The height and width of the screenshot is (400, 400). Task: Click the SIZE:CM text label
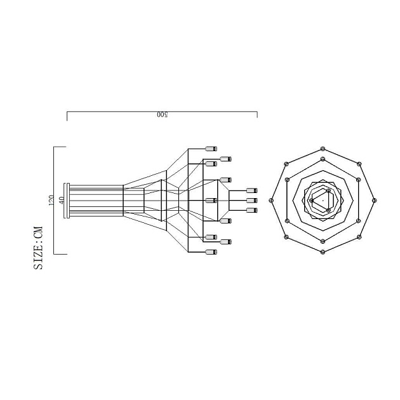(x=39, y=248)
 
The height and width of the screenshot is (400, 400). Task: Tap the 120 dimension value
(x=51, y=200)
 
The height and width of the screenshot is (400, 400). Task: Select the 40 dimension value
(x=62, y=200)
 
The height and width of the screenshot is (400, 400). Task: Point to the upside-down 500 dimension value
(x=162, y=115)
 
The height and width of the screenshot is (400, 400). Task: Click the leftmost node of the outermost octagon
(x=271, y=200)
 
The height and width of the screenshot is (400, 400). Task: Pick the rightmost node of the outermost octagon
(x=374, y=200)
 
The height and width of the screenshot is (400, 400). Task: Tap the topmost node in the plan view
(x=323, y=149)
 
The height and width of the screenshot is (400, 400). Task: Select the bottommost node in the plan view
(x=323, y=252)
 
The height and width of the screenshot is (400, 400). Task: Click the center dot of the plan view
(x=323, y=200)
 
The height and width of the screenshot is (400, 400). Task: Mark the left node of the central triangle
(x=311, y=201)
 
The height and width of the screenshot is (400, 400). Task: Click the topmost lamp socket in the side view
(x=211, y=149)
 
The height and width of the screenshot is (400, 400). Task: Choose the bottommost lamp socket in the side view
(x=211, y=252)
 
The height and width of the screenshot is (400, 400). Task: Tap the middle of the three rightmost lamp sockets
(x=251, y=200)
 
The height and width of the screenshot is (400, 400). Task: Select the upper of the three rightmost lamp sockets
(x=251, y=190)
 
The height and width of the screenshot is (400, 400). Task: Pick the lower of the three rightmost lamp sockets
(x=251, y=210)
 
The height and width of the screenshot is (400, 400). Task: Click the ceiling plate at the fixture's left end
(x=66, y=200)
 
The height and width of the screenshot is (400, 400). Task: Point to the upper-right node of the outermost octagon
(x=359, y=164)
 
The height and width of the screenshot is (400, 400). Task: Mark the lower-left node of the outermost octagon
(x=286, y=237)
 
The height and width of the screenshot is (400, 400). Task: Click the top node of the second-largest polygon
(x=323, y=159)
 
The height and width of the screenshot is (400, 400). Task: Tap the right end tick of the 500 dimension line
(x=257, y=115)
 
